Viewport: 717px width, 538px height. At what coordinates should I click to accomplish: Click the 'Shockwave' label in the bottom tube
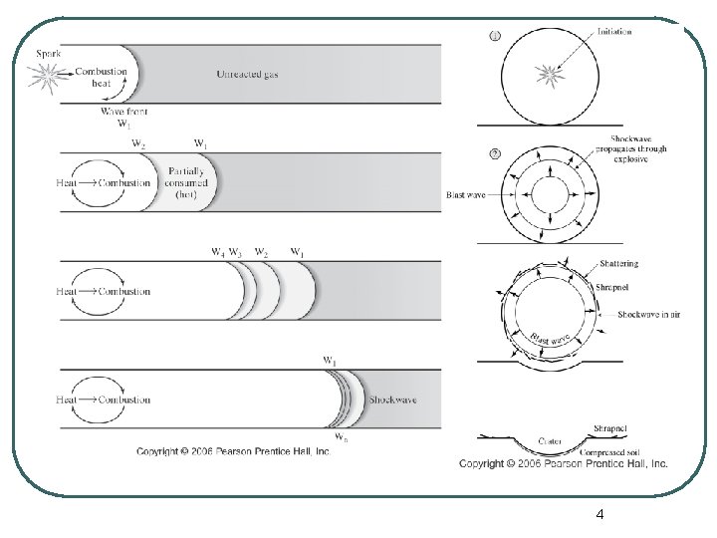pos(392,400)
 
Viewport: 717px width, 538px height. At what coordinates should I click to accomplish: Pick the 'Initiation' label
pos(615,31)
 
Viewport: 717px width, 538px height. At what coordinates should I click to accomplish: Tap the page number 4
pos(598,515)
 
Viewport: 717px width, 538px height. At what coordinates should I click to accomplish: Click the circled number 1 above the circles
pos(495,37)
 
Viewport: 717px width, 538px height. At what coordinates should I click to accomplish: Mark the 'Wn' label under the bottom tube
pos(341,438)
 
